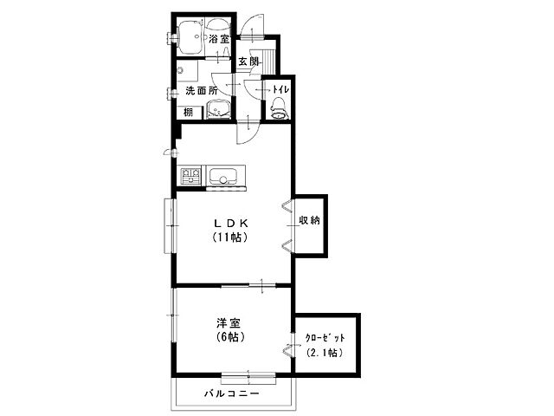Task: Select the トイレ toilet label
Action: pos(280,89)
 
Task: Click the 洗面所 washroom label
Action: pos(201,90)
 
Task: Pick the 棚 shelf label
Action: pos(188,112)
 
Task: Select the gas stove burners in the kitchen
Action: pos(190,177)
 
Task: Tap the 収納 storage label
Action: pos(310,221)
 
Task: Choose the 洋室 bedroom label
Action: pos(229,323)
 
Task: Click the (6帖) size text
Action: pos(229,337)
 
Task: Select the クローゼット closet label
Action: pos(325,337)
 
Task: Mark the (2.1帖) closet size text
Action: pos(325,353)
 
